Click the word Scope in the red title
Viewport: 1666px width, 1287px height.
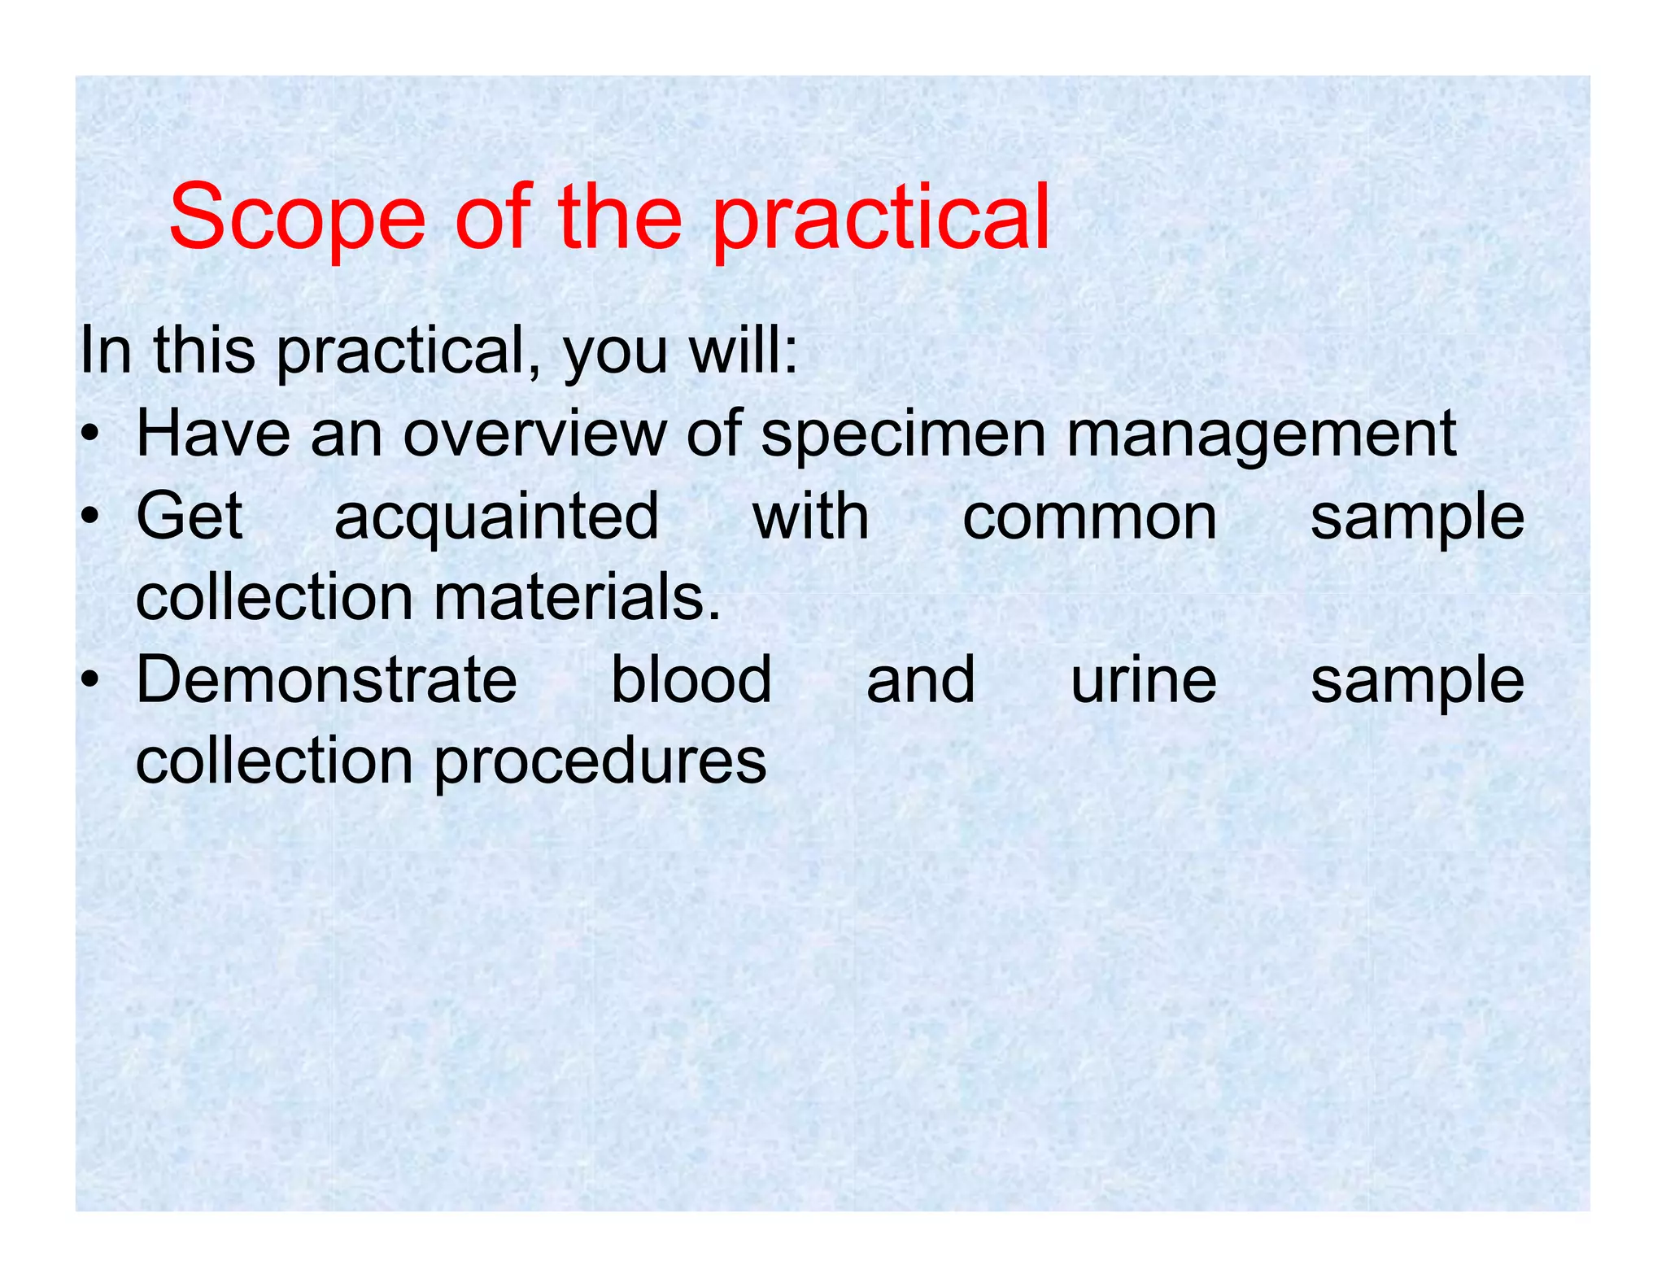pyautogui.click(x=297, y=218)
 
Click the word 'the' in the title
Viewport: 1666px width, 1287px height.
pyautogui.click(x=620, y=218)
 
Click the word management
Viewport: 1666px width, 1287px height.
pyautogui.click(x=1260, y=436)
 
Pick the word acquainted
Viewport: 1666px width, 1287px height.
pyautogui.click(x=496, y=517)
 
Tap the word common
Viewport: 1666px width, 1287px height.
pyautogui.click(x=1090, y=517)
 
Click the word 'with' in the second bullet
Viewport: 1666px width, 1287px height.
pyautogui.click(x=810, y=517)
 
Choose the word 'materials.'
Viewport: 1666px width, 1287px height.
pyautogui.click(x=577, y=598)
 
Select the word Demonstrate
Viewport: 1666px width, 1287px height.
pyautogui.click(x=326, y=680)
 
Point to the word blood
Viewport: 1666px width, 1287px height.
pyautogui.click(x=691, y=680)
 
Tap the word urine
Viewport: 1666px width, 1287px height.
pyautogui.click(x=1143, y=680)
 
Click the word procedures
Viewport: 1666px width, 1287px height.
pyautogui.click(x=600, y=762)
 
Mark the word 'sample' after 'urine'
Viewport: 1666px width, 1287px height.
pyautogui.click(x=1416, y=682)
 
